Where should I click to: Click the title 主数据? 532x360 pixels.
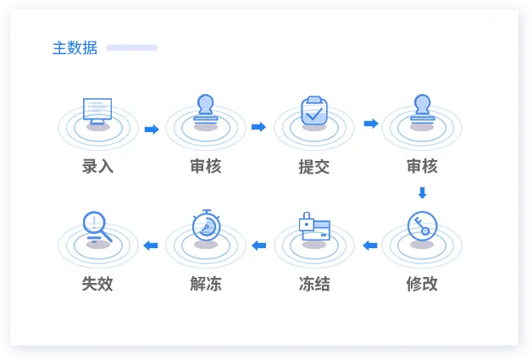(75, 47)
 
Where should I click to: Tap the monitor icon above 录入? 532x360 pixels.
(97, 111)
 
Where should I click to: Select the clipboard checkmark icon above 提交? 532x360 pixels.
(314, 111)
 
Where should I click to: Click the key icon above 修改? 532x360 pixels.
(422, 226)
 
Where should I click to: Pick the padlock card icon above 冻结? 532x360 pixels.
(314, 226)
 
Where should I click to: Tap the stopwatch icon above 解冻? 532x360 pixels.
(207, 225)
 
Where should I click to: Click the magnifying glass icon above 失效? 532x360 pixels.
(97, 227)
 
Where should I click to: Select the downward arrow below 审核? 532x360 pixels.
(423, 193)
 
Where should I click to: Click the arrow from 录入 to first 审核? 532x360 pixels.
(152, 130)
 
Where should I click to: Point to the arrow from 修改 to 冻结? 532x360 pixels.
(370, 245)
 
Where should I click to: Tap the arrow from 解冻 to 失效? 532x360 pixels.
(151, 245)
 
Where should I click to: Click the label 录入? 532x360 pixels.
(97, 166)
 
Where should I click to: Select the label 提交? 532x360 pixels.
(314, 167)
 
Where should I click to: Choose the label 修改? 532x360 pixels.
(422, 284)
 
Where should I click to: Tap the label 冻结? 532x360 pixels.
(314, 284)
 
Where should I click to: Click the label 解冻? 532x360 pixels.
(206, 284)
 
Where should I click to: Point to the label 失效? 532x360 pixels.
(97, 284)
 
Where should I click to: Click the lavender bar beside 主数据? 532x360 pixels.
(131, 47)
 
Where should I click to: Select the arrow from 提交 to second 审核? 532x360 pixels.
(371, 124)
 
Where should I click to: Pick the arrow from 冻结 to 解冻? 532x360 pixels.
(259, 245)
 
